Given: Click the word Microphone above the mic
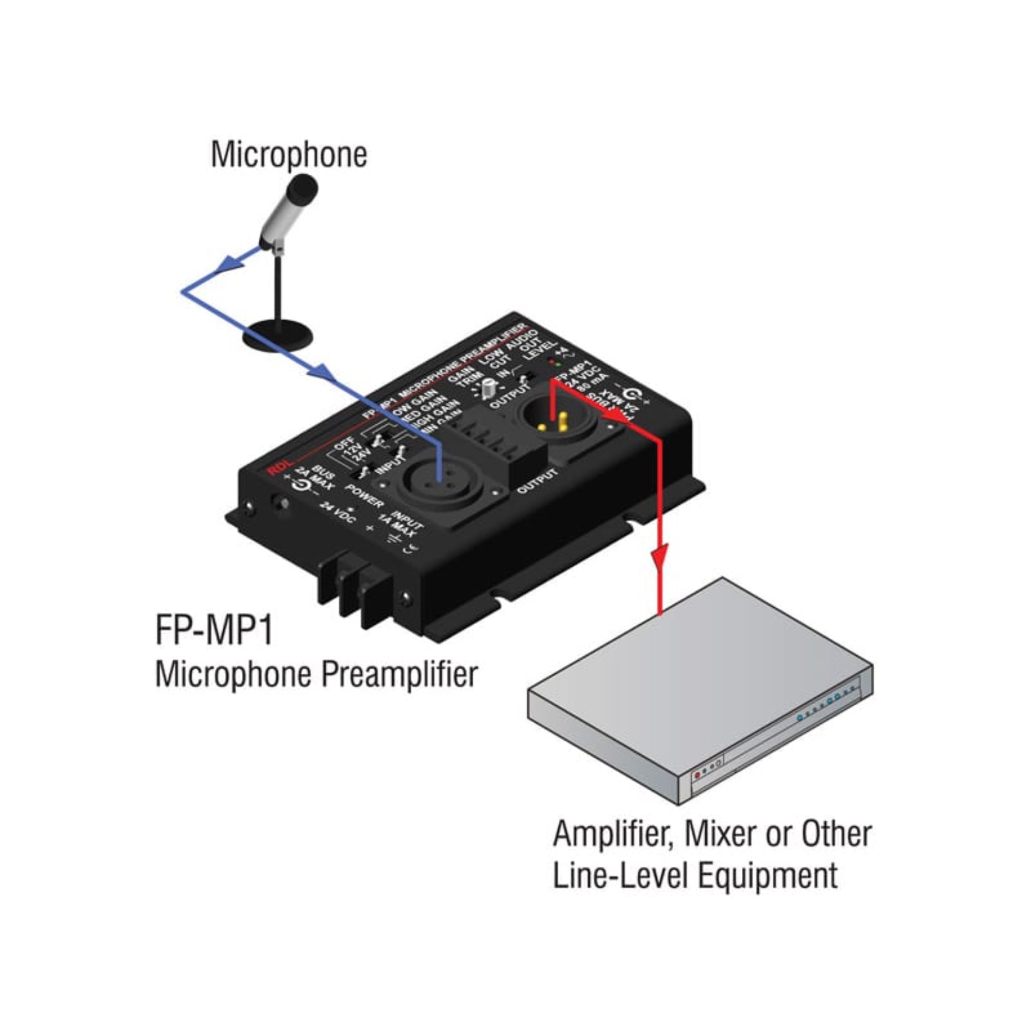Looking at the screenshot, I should tap(289, 155).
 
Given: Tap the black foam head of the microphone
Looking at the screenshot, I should tap(302, 190).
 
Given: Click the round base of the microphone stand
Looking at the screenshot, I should tap(277, 335).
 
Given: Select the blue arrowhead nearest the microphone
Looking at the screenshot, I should tap(230, 262).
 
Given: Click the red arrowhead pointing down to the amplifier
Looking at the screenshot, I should tap(662, 556).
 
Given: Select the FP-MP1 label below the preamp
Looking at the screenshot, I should tap(215, 630).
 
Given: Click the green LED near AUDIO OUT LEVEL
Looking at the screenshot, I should tap(558, 364).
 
